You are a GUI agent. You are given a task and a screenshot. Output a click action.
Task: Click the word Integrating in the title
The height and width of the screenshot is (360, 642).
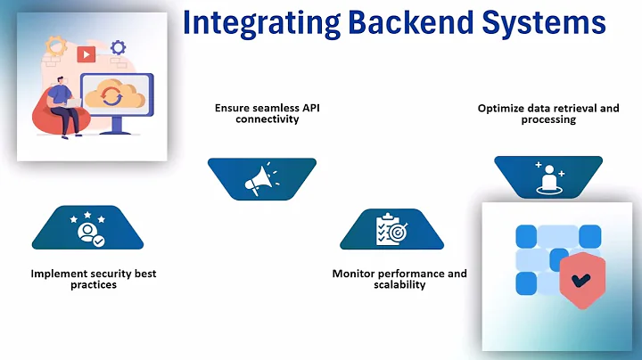tap(261, 24)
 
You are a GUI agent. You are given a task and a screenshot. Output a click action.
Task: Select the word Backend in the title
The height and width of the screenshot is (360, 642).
tap(410, 22)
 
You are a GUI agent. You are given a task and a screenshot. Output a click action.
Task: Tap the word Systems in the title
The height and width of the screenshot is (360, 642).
tap(544, 24)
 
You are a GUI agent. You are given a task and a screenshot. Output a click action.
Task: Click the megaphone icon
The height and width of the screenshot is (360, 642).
tap(261, 179)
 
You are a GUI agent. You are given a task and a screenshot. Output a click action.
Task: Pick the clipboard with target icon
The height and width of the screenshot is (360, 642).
tap(391, 230)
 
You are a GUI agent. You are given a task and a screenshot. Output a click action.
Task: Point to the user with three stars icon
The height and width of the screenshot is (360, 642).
tap(87, 229)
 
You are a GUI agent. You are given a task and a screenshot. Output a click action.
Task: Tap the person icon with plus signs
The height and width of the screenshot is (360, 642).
tap(548, 178)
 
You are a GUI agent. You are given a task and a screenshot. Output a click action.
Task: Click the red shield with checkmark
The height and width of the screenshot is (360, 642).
tap(581, 280)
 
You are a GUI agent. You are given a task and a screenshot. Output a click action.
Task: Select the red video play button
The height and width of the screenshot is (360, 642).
tap(86, 54)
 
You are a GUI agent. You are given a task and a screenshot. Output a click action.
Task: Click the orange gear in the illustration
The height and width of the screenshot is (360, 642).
tap(56, 46)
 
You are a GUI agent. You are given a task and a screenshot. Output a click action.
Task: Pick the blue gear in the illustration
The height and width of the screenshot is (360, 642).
tap(118, 47)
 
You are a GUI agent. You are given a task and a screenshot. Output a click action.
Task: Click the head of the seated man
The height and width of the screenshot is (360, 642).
tap(61, 81)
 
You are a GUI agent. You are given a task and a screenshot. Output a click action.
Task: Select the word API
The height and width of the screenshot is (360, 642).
tap(311, 108)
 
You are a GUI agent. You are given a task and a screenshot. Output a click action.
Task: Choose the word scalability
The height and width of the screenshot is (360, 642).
tap(399, 285)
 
